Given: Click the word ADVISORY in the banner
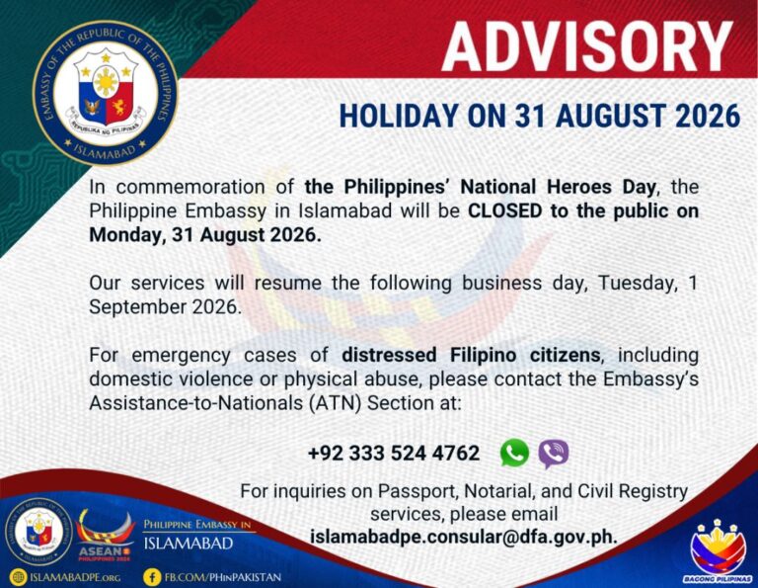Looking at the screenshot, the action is tap(587, 46).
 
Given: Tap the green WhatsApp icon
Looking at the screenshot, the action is tap(514, 453).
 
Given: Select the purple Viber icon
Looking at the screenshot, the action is tap(554, 454).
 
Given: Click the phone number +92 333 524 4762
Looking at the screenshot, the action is tap(394, 454).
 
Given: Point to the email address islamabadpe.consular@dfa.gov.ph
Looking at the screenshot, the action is tap(464, 537).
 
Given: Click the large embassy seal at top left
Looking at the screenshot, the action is tap(106, 93).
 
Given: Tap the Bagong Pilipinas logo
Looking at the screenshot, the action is tap(718, 550).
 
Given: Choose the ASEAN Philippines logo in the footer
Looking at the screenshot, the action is tap(105, 535).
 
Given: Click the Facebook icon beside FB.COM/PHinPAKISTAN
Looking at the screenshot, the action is tap(153, 577).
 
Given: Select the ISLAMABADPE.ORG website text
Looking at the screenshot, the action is tap(75, 577).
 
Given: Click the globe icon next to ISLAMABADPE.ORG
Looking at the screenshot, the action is tap(19, 577).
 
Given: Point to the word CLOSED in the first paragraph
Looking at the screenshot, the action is tap(504, 211).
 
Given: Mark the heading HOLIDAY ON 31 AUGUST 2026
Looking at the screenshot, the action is tap(540, 116).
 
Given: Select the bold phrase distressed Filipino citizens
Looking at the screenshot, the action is tap(471, 355).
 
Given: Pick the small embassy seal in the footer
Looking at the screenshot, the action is tap(39, 532).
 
